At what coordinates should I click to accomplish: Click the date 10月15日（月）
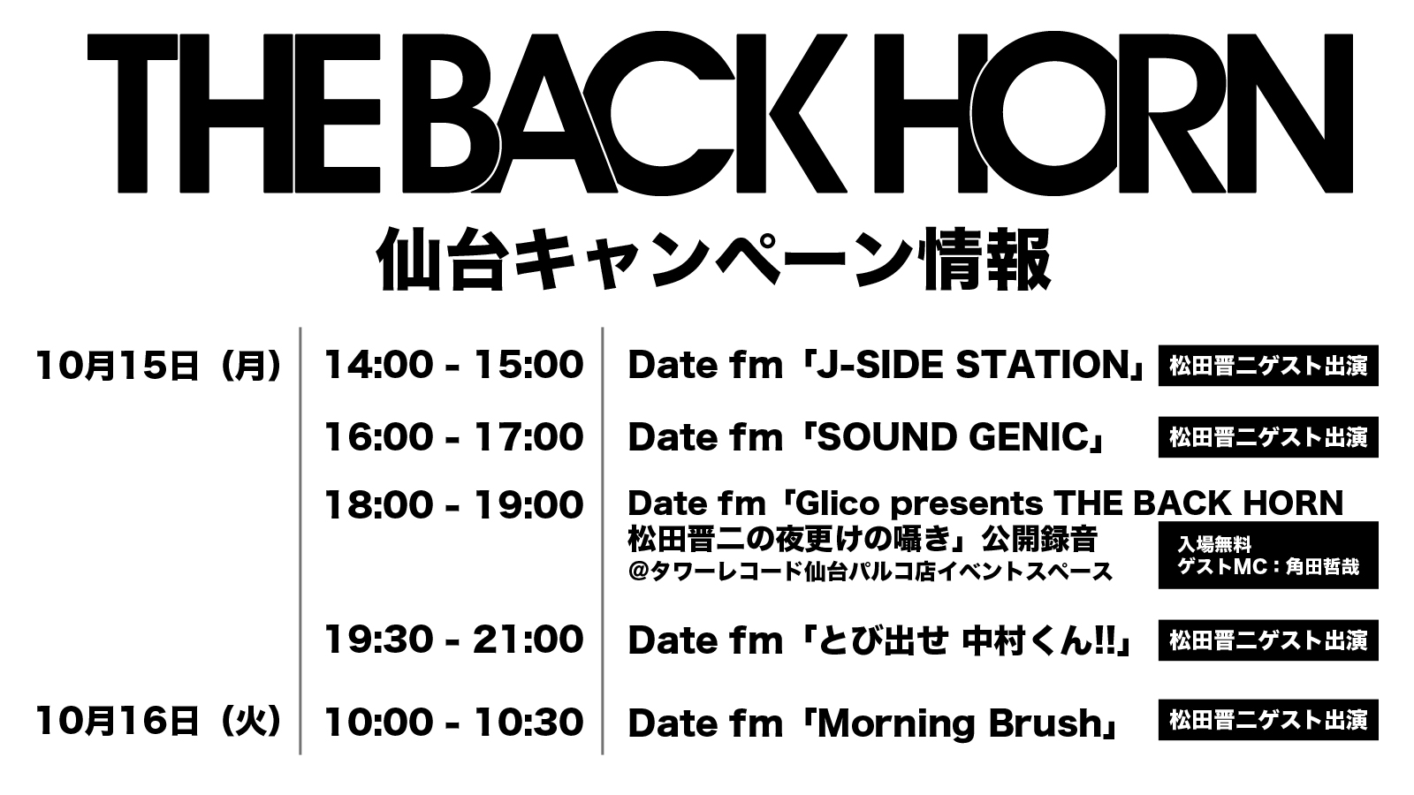click(x=158, y=366)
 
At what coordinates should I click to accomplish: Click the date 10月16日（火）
click(x=158, y=722)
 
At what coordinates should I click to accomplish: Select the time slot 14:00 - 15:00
click(x=454, y=366)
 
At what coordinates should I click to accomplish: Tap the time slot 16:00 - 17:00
click(x=454, y=437)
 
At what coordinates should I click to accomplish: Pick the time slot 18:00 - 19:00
click(x=454, y=505)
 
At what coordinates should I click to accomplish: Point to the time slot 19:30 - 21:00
click(x=454, y=640)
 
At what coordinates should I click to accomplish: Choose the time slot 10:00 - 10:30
click(x=454, y=722)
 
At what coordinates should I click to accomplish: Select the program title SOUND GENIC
click(x=954, y=437)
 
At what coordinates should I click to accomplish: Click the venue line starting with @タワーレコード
click(x=870, y=572)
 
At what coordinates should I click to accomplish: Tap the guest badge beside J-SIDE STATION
click(x=1268, y=366)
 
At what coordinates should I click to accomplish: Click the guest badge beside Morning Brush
click(x=1268, y=720)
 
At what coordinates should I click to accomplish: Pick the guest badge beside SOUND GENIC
click(x=1268, y=437)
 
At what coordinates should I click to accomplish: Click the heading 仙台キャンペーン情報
click(x=714, y=259)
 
